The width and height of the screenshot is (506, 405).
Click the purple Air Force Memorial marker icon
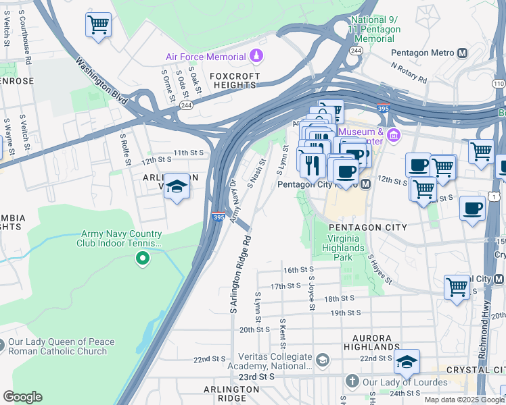[256, 55]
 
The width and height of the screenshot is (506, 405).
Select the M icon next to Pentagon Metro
[463, 53]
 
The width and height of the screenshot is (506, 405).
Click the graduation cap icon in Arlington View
[177, 186]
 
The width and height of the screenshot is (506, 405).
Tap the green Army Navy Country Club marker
[142, 258]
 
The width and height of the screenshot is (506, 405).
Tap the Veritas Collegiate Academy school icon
[322, 358]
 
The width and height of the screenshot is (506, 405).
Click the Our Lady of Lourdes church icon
[352, 381]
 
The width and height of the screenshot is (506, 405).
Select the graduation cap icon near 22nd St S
[406, 362]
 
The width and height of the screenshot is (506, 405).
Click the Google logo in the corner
[22, 397]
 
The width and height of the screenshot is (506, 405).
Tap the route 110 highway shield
[499, 82]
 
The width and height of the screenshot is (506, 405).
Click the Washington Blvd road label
[101, 80]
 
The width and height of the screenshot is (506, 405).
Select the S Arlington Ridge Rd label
[240, 273]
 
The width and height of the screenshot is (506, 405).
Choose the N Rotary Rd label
[409, 73]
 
